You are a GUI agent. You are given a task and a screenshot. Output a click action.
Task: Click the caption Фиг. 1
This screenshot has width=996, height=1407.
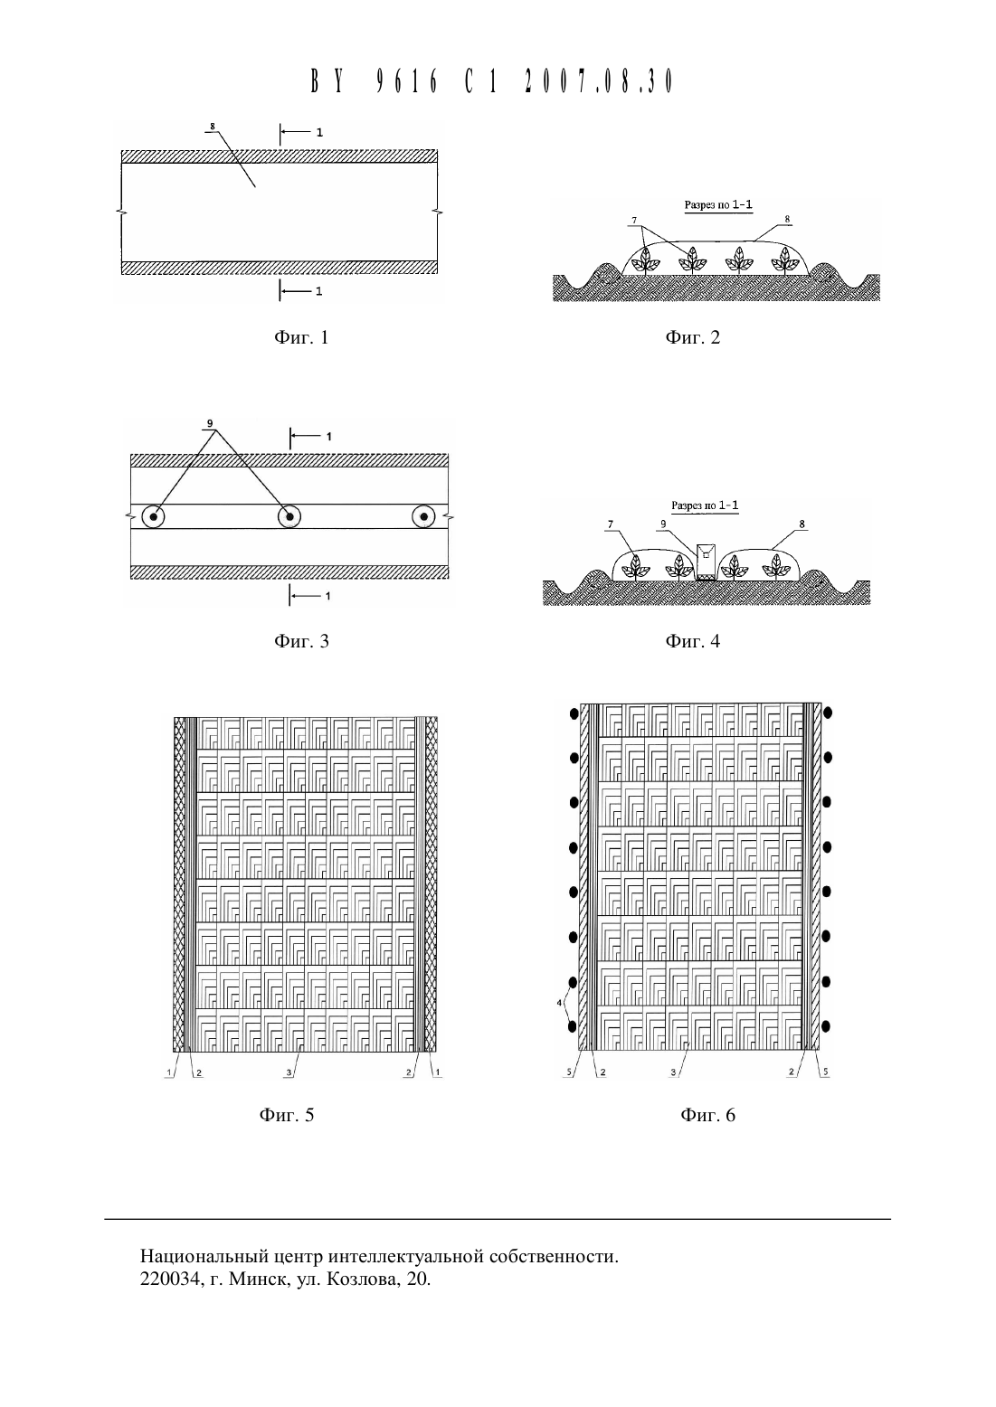click(301, 338)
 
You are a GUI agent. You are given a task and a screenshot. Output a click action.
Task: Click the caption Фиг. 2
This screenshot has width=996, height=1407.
click(692, 338)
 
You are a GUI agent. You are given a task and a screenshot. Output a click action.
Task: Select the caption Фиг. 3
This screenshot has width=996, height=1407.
click(301, 641)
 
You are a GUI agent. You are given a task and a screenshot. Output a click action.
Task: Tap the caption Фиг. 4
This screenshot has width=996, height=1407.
click(692, 641)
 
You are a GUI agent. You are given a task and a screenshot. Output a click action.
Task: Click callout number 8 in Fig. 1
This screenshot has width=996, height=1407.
click(213, 127)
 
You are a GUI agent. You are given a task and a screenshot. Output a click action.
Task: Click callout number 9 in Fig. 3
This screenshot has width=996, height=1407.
click(210, 423)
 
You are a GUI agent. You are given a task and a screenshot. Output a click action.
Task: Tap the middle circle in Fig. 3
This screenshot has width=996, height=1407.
click(289, 517)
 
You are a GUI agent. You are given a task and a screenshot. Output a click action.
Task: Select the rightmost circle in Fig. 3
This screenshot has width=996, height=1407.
click(423, 517)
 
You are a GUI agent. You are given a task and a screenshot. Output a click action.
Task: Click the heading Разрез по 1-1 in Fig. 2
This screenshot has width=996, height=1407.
click(718, 204)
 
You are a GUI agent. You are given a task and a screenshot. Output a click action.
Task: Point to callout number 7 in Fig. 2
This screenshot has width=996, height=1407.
click(635, 221)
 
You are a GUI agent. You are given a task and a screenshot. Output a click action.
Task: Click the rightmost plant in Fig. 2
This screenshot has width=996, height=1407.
click(783, 260)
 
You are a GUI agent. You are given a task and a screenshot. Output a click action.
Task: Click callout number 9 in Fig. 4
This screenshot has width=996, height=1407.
click(663, 524)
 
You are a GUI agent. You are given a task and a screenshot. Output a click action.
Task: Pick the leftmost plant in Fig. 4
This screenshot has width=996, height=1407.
click(635, 566)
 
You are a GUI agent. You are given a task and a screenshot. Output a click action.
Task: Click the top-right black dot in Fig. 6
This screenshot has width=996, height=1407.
click(828, 713)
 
